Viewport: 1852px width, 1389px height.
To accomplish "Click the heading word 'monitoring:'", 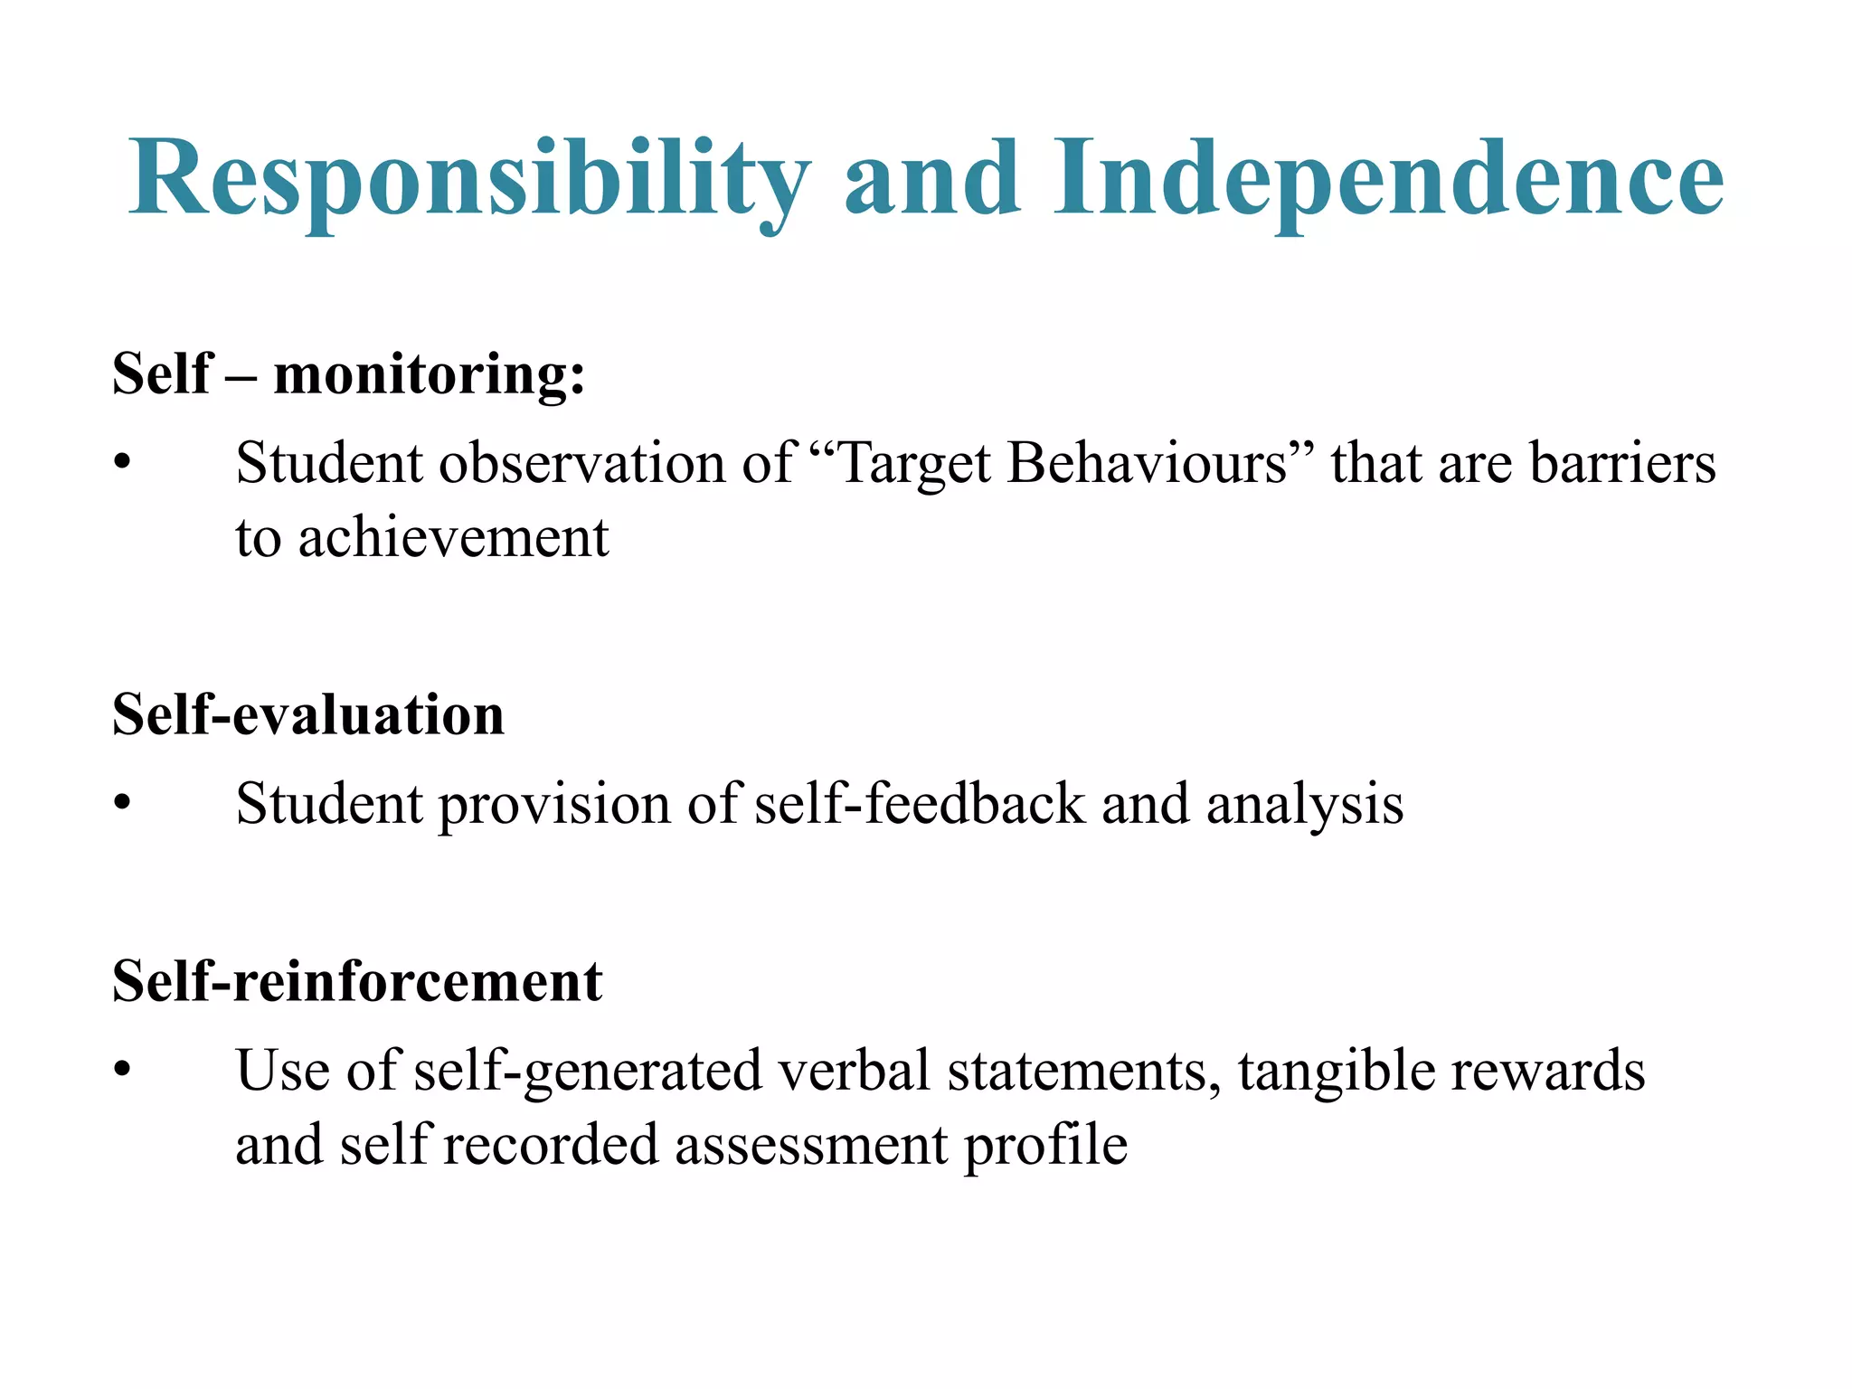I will point(430,373).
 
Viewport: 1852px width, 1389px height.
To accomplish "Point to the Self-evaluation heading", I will point(308,714).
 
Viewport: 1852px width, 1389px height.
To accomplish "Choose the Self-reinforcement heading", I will point(357,981).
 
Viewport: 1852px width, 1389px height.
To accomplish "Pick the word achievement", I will point(454,538).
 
